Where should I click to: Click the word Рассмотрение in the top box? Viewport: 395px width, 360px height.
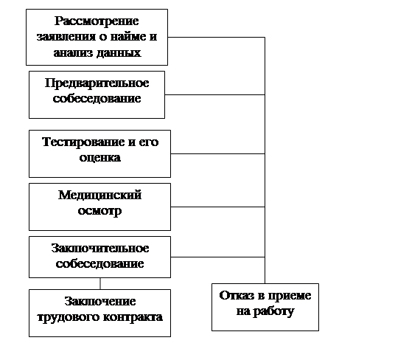[97, 21]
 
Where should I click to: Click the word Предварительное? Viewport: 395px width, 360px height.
[97, 83]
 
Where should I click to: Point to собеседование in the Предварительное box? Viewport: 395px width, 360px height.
[97, 98]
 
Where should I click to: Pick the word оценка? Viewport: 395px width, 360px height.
[100, 158]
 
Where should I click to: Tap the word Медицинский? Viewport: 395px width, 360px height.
[99, 195]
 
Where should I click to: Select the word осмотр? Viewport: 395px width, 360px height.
[99, 211]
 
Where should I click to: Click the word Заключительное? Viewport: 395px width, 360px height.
[100, 249]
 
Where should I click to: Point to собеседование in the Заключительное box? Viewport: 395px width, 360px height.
[99, 263]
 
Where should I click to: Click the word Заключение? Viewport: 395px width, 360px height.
[100, 301]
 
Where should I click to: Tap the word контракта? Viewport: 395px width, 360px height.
[133, 317]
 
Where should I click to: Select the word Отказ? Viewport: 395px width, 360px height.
[237, 296]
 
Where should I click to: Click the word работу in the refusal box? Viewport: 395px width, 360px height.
[273, 311]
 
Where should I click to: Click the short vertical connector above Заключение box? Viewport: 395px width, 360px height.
[100, 283]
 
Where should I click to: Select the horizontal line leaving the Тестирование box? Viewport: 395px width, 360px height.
[217, 153]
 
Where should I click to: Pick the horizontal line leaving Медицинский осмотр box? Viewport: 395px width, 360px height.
[217, 207]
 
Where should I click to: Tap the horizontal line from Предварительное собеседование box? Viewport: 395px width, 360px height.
[215, 94]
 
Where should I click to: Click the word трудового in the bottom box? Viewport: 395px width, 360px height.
[69, 317]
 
